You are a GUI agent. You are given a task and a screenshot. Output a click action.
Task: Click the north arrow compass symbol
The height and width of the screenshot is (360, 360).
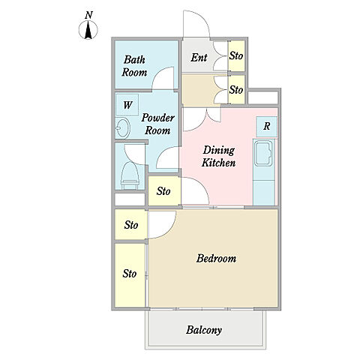point(88,30)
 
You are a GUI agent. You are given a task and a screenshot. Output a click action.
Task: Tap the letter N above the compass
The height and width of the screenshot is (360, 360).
point(88,15)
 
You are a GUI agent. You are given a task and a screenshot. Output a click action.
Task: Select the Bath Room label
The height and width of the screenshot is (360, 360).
point(134,66)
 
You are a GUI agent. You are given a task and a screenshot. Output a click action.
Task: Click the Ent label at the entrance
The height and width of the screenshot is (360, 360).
point(199,58)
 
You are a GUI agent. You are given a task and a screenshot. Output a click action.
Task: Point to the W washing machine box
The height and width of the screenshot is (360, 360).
point(127,105)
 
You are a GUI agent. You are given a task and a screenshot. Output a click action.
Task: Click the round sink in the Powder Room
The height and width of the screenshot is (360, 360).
point(123,129)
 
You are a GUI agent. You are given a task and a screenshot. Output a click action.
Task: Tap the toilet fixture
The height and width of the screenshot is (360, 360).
point(130,175)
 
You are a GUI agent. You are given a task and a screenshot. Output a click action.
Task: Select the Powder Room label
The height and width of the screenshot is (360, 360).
point(157,124)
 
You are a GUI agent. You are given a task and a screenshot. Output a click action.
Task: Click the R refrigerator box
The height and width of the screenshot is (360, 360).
point(267,127)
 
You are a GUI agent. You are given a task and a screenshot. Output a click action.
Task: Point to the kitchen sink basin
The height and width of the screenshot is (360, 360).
point(263,153)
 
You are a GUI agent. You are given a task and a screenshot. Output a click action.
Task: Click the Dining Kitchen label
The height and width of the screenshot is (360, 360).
point(218,156)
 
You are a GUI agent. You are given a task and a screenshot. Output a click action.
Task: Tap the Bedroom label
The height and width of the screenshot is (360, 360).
point(216,258)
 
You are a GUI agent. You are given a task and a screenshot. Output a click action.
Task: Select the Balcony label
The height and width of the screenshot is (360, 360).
point(204,330)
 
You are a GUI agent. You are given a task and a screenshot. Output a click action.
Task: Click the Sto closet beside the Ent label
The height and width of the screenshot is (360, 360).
point(236,55)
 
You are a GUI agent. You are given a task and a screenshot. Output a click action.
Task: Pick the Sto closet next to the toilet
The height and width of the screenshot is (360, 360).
point(163,191)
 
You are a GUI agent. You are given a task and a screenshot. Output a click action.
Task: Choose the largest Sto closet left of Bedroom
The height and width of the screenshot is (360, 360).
point(130,274)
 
